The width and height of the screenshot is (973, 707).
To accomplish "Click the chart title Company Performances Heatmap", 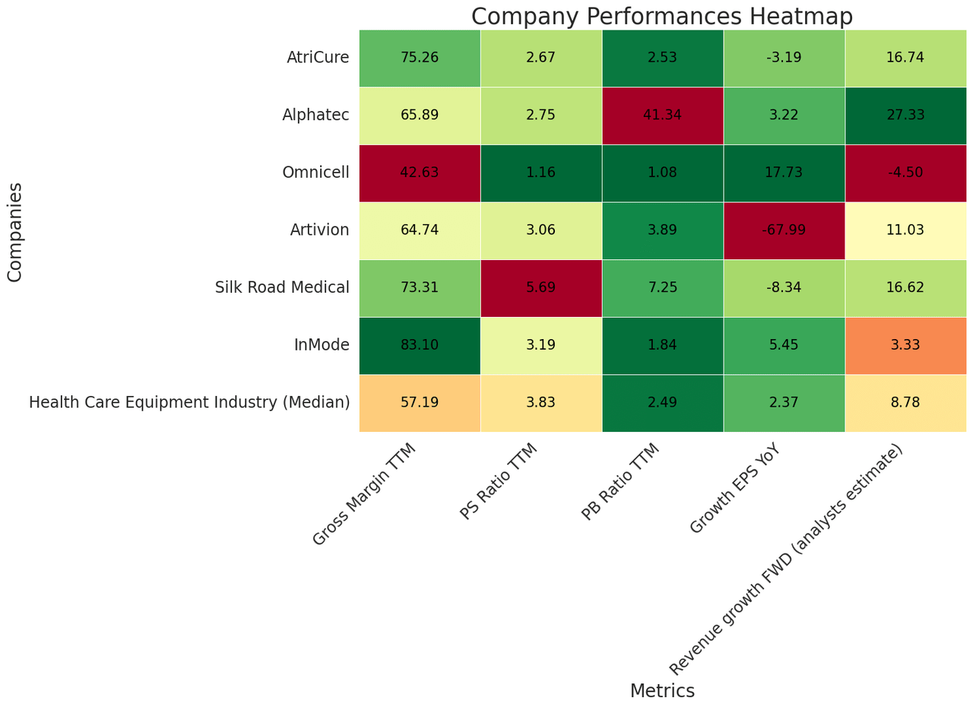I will coord(661,16).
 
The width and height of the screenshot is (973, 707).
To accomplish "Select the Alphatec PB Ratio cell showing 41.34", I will coord(662,116).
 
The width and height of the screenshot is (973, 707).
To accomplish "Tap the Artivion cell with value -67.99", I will coord(784,230).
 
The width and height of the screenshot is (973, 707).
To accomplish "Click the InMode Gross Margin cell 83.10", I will coord(420,345).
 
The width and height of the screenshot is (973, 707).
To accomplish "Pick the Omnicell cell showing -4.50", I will coord(905,173).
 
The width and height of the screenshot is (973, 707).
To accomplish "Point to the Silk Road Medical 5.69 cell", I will coord(540,287).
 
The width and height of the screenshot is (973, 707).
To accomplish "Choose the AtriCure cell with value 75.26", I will coord(420,58).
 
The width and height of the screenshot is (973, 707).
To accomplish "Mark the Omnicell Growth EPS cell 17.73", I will coord(784,173).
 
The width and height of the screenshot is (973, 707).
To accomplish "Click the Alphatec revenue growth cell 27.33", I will coord(905,116).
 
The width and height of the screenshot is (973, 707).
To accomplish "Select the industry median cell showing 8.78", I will coord(905,403).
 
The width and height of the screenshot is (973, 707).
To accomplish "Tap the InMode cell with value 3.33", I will coord(905,345).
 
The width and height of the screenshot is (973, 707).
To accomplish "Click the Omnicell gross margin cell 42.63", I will coord(420,173).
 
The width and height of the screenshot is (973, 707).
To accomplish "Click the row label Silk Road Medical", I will coord(282,287).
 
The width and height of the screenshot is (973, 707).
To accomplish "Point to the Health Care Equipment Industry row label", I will coord(189,403).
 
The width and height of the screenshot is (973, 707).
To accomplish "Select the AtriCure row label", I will coord(318,58).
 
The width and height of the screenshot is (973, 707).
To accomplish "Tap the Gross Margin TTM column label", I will coord(365,494).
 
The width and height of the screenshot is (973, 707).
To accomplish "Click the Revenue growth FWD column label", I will coord(787,559).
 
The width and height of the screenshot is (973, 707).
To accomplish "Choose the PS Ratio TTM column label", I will coord(499,481).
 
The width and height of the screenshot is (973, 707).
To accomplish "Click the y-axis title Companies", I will coord(15,232).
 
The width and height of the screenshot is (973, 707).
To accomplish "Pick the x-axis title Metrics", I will coord(662,691).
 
